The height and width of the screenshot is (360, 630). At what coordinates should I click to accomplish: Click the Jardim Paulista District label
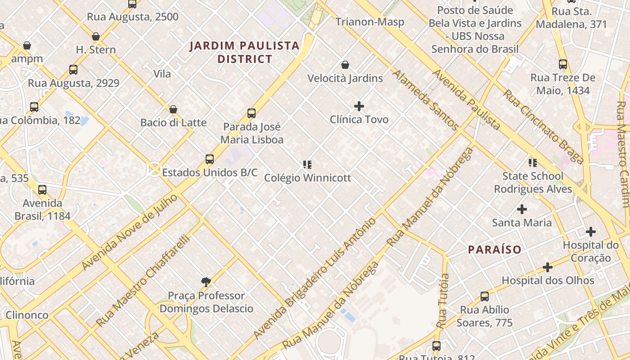click(x=244, y=52)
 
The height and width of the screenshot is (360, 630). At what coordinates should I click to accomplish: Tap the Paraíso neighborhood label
click(x=495, y=249)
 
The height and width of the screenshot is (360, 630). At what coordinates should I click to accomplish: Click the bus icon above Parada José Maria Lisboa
click(x=252, y=113)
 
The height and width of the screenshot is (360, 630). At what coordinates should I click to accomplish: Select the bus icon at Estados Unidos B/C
click(x=210, y=159)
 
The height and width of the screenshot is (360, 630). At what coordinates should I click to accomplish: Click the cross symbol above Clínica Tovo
click(x=359, y=106)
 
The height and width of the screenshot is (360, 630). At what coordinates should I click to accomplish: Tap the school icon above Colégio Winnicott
click(x=307, y=165)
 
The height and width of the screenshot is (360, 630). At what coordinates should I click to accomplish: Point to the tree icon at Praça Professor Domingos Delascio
click(x=206, y=282)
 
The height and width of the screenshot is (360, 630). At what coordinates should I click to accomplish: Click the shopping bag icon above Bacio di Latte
click(x=173, y=109)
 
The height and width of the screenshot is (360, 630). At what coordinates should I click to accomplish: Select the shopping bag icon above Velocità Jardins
click(x=345, y=65)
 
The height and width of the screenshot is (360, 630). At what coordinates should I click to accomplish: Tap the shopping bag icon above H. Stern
click(x=96, y=36)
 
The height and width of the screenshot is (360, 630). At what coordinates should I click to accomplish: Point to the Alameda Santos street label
click(x=426, y=100)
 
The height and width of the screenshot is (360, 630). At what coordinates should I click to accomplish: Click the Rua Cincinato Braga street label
click(x=543, y=126)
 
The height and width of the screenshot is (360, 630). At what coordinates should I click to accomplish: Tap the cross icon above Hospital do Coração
click(x=591, y=232)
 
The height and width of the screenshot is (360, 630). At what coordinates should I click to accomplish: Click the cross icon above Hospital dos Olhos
click(x=548, y=267)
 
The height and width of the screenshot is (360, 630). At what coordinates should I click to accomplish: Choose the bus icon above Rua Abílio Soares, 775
click(x=485, y=297)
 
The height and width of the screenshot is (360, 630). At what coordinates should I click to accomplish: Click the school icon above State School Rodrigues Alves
click(x=533, y=163)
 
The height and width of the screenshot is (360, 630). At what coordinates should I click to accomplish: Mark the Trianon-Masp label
click(x=370, y=22)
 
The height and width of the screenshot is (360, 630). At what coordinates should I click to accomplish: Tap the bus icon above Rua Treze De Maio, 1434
click(x=562, y=64)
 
